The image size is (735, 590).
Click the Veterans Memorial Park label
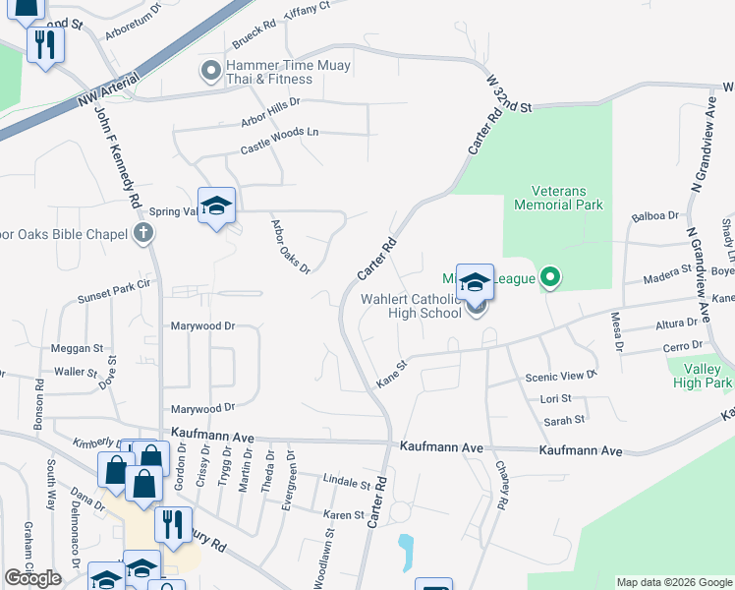coord(558,198)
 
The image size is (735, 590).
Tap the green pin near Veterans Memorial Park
coord(551,279)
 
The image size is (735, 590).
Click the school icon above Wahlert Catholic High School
coord(475,282)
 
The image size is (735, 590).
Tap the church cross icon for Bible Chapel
coord(143,234)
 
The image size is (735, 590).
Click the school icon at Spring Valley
coord(216,206)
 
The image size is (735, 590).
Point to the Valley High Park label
coord(700,376)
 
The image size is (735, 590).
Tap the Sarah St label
coord(564,420)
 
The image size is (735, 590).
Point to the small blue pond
coord(405,553)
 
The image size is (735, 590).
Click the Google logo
coord(32,578)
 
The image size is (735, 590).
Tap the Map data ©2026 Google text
coord(673,582)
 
